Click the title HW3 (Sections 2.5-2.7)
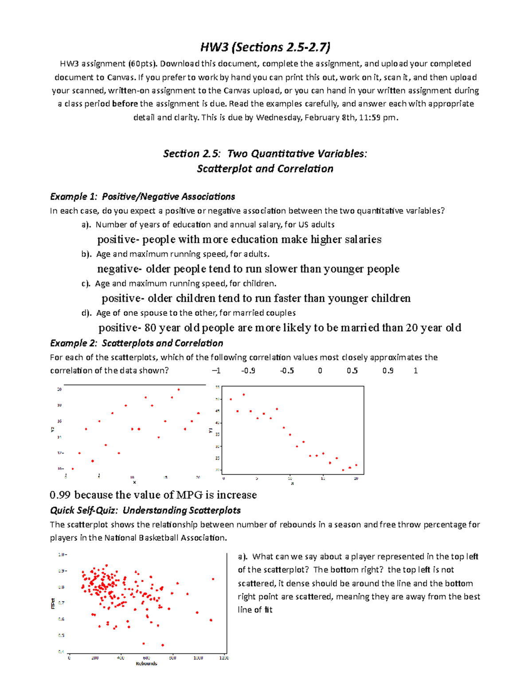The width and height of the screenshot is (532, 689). [x=265, y=47]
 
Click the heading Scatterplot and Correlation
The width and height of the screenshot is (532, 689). [x=265, y=169]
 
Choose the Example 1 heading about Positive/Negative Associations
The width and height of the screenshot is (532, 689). [x=142, y=197]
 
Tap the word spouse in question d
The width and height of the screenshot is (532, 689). [x=154, y=313]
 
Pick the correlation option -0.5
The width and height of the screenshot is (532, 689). [x=287, y=371]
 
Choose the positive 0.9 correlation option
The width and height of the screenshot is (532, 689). [x=387, y=371]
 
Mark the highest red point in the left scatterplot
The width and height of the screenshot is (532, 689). [x=179, y=390]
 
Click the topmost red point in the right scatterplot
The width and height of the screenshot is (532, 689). [x=244, y=394]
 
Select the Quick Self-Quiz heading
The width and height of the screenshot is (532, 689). [x=145, y=510]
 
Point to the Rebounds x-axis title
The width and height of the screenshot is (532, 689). [x=146, y=664]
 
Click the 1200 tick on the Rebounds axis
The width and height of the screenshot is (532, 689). [x=224, y=658]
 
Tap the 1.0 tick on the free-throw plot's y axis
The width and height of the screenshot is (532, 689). [x=62, y=555]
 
